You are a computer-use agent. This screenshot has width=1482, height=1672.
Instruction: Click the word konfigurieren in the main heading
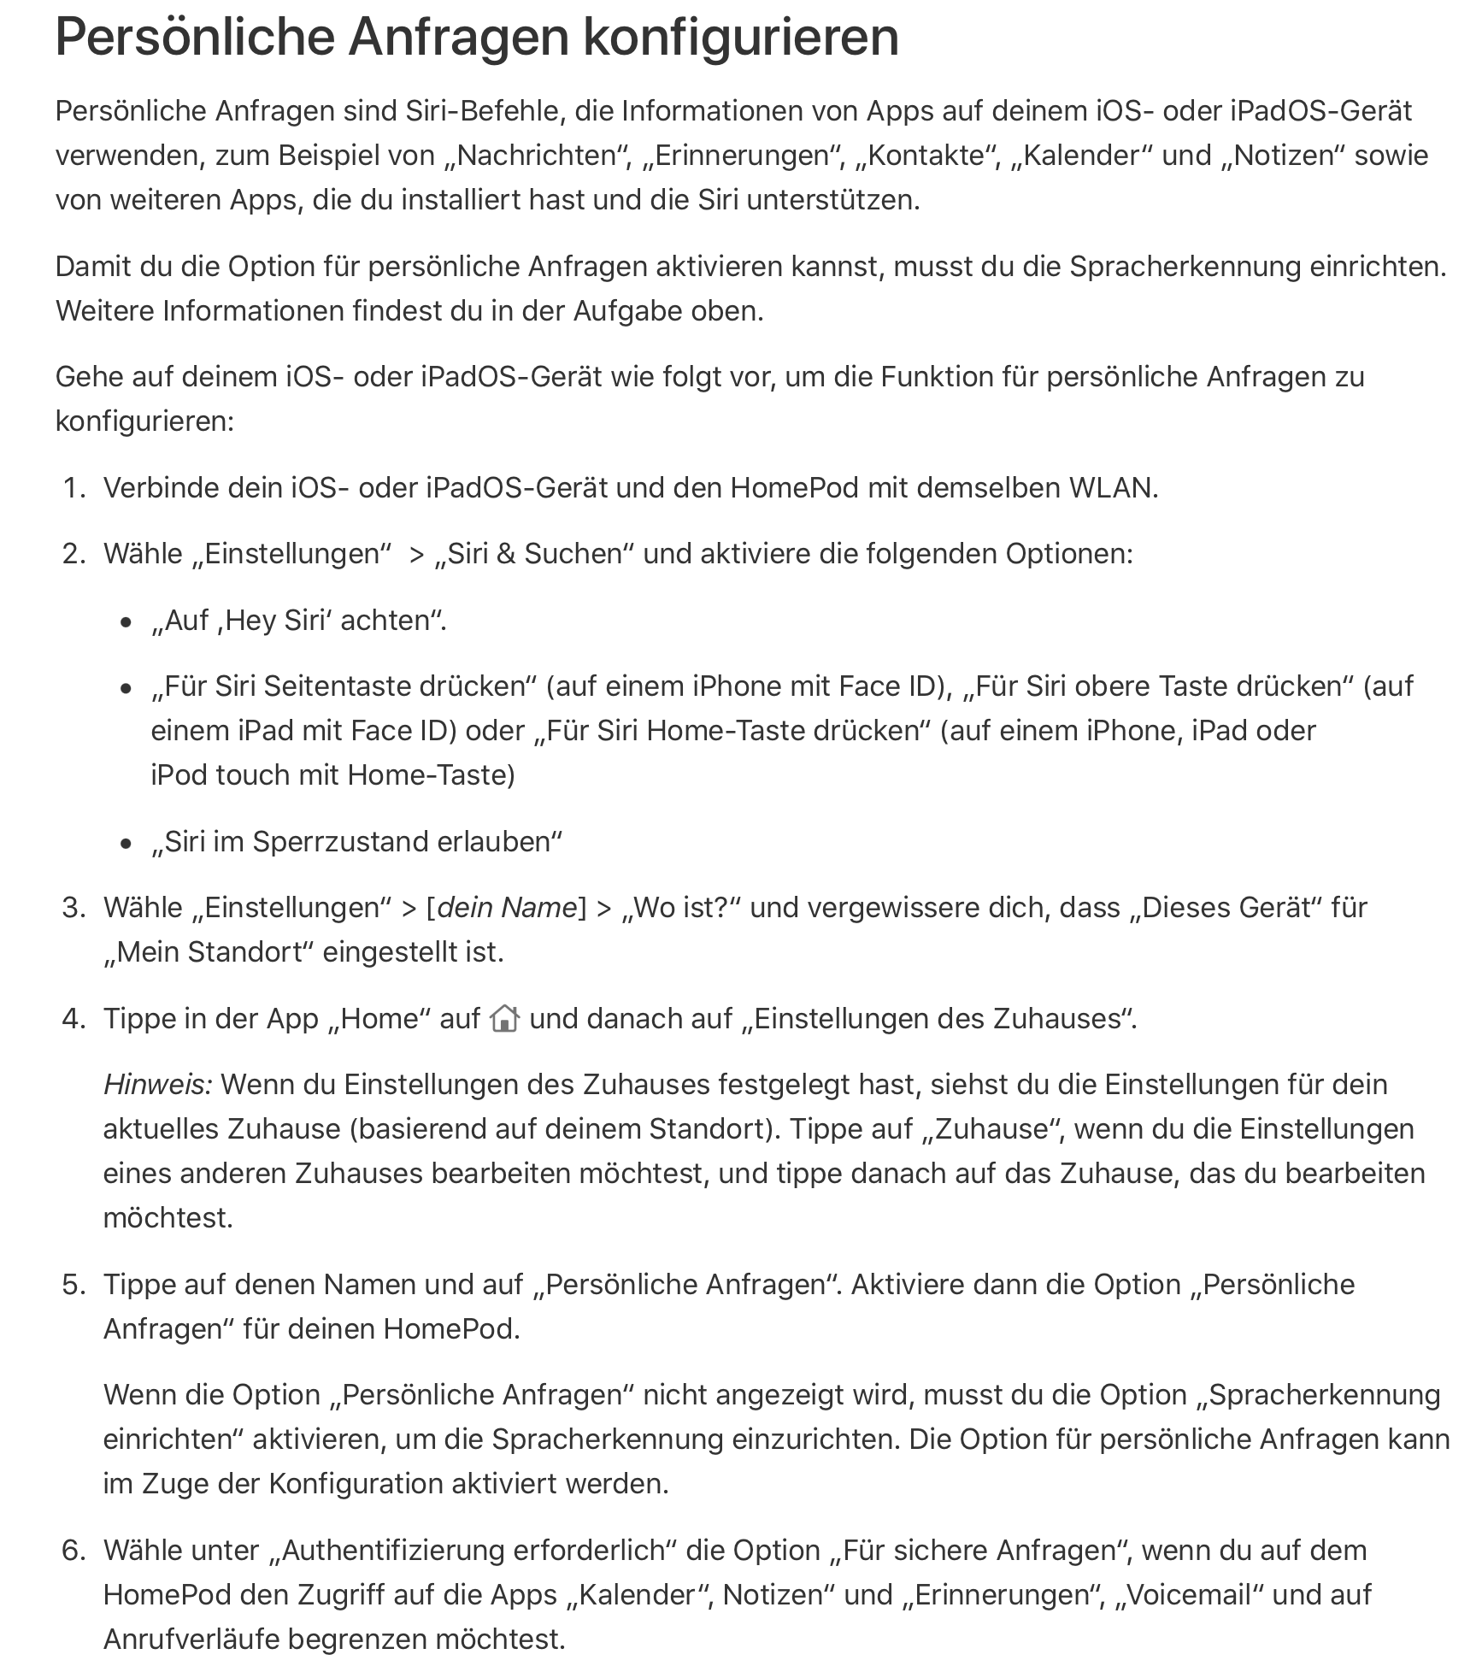pyautogui.click(x=752, y=38)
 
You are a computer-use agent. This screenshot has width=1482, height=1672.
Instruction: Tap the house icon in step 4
pyautogui.click(x=504, y=1019)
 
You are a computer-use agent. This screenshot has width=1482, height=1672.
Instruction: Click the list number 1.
pyautogui.click(x=75, y=488)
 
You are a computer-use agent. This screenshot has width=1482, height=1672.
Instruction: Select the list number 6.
pyautogui.click(x=75, y=1551)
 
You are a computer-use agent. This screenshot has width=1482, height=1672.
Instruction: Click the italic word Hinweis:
pyautogui.click(x=158, y=1085)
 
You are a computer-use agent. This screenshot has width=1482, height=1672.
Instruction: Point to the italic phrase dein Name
pyautogui.click(x=507, y=908)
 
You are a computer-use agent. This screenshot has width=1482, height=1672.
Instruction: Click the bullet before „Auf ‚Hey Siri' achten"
pyautogui.click(x=126, y=622)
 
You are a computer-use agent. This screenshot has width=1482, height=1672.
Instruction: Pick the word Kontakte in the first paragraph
pyautogui.click(x=926, y=156)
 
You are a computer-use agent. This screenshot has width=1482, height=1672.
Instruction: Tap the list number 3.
pyautogui.click(x=75, y=908)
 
